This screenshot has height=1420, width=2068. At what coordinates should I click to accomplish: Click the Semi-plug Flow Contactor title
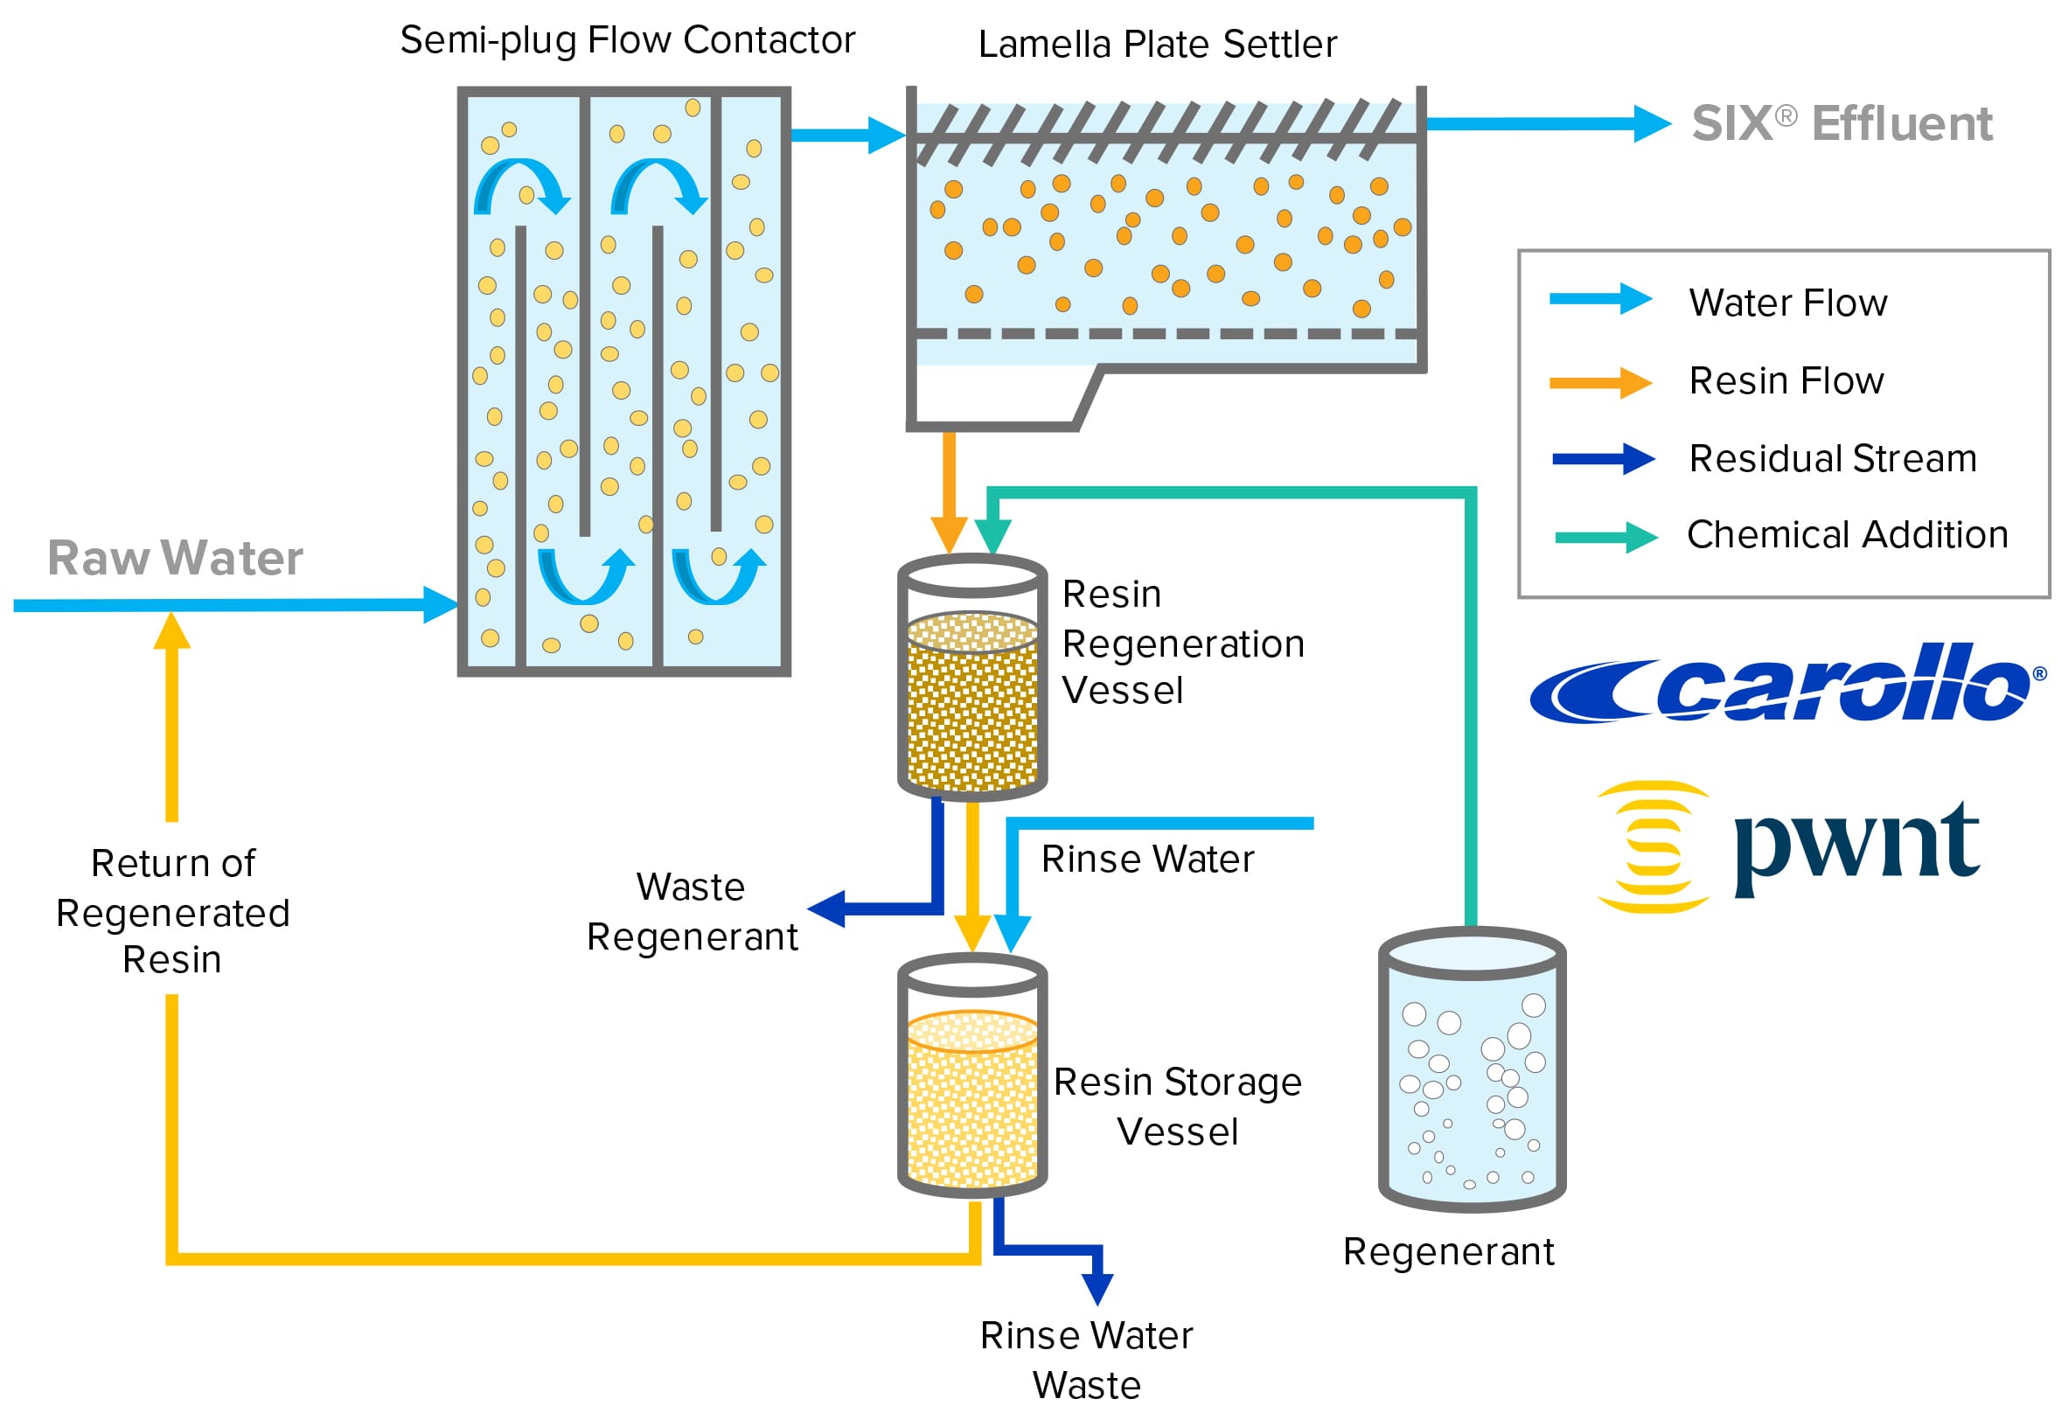click(x=627, y=41)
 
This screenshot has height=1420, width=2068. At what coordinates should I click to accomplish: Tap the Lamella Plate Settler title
click(x=1157, y=45)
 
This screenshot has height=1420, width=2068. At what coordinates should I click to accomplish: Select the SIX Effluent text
click(x=1842, y=123)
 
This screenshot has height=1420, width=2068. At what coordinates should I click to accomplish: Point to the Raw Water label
click(x=175, y=559)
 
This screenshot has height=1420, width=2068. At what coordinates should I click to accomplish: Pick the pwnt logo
click(x=1788, y=846)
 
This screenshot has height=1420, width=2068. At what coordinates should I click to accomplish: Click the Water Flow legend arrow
click(x=1600, y=300)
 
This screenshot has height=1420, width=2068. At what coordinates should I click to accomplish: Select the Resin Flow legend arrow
click(x=1600, y=384)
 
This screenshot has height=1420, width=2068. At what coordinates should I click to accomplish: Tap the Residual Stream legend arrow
click(x=1603, y=460)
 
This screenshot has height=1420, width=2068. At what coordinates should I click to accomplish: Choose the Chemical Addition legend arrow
click(x=1605, y=538)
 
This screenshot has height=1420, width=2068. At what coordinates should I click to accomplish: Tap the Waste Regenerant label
click(x=692, y=912)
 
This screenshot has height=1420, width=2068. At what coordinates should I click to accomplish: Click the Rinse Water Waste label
click(x=1086, y=1361)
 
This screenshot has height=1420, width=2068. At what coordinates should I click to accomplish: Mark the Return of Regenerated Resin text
click(x=172, y=912)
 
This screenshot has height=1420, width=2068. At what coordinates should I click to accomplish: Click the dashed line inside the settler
click(x=1166, y=334)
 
